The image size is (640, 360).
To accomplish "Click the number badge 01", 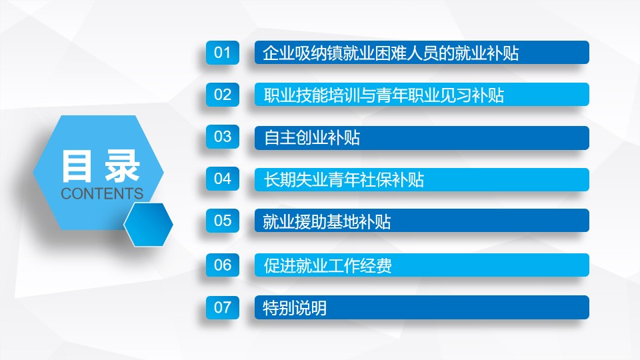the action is click(x=223, y=53).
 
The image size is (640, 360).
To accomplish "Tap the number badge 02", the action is click(x=223, y=95).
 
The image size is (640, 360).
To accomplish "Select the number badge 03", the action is click(x=223, y=137).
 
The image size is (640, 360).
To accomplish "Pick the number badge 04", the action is click(x=223, y=179).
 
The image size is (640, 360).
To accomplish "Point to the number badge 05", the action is click(x=223, y=221).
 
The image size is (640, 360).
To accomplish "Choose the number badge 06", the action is click(x=223, y=265).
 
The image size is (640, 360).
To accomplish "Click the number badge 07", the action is click(x=223, y=307).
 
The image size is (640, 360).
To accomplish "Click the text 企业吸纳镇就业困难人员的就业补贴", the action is click(x=391, y=53).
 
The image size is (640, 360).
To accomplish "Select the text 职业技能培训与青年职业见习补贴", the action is click(x=383, y=95).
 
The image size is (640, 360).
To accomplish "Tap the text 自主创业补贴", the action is click(x=311, y=137).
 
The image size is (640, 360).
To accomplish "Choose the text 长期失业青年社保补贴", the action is click(x=344, y=179).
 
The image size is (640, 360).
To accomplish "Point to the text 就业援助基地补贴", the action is click(x=327, y=221).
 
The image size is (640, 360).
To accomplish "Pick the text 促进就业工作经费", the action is click(x=327, y=266).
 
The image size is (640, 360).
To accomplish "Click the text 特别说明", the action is click(x=295, y=308).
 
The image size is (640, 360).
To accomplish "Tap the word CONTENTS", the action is click(x=102, y=193).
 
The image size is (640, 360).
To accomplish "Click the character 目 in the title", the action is click(x=76, y=166).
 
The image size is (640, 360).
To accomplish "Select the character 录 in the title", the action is click(x=123, y=166).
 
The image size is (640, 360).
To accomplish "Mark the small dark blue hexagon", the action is click(x=148, y=225).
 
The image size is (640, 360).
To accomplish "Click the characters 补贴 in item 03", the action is click(x=344, y=137).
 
